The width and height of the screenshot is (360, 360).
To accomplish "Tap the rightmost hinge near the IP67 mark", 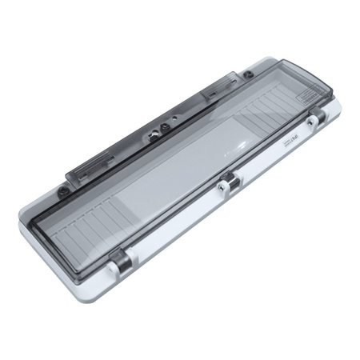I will tap(314, 118).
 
